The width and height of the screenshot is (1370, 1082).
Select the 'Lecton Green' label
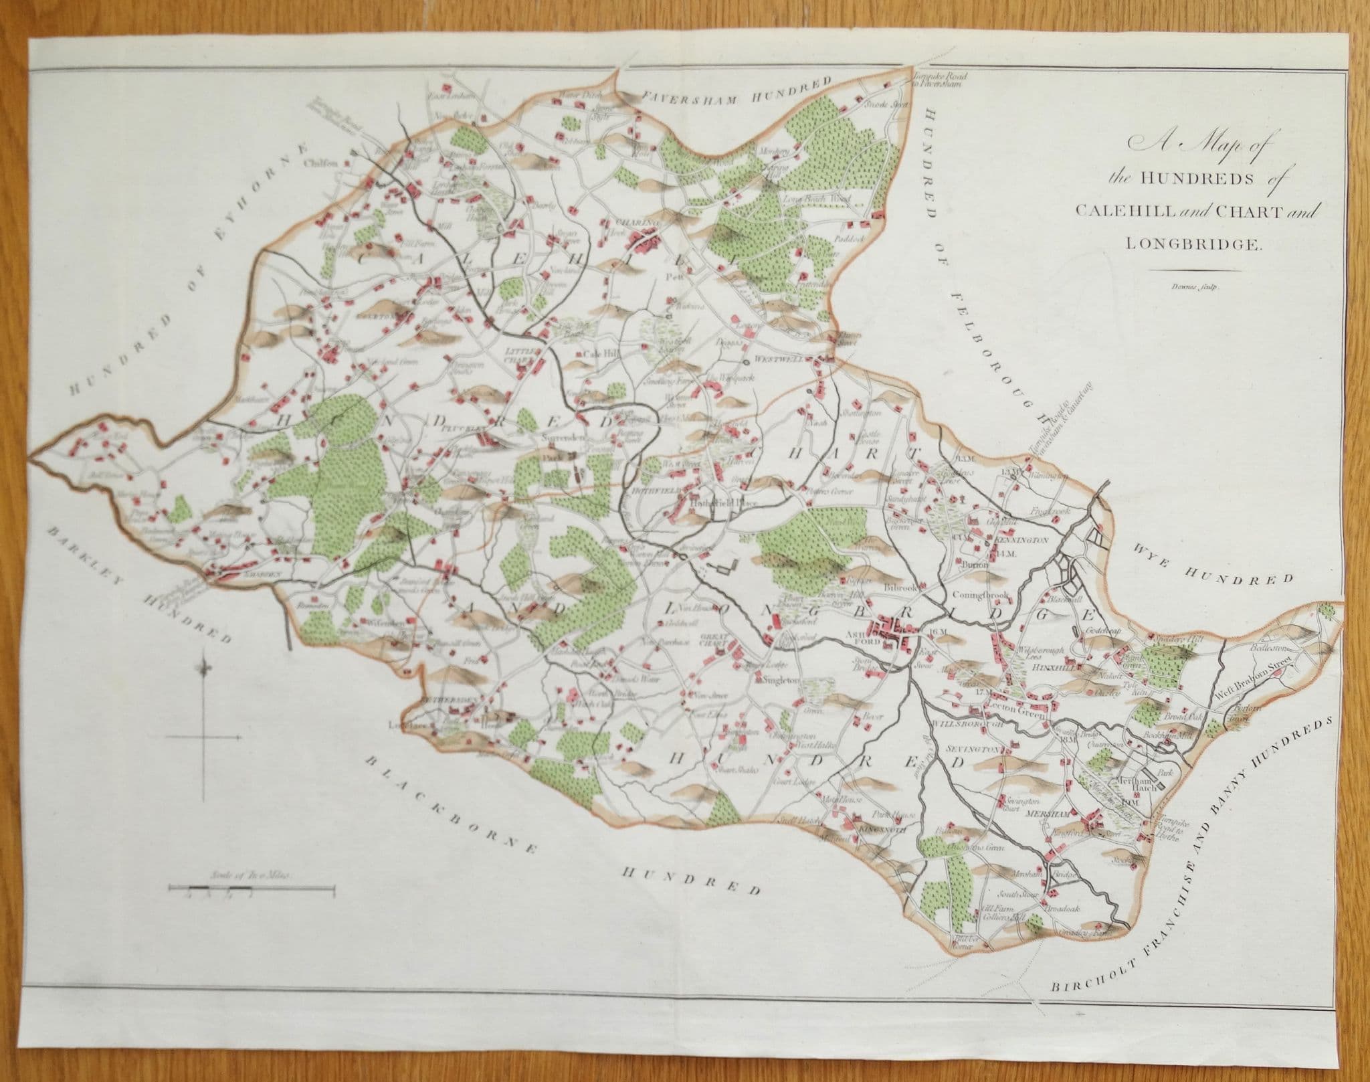(1011, 705)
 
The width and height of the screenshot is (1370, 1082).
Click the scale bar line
(251, 889)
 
